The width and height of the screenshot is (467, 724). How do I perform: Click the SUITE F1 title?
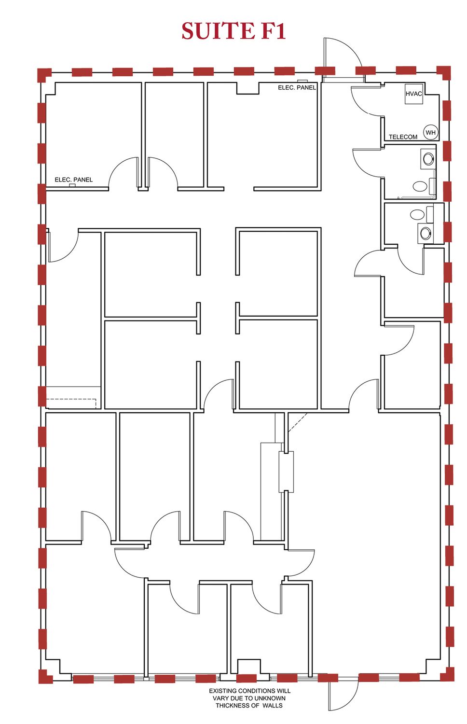point(233,31)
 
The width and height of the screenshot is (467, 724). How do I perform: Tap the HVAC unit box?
point(414,94)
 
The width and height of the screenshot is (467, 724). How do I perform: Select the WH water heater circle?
point(430,132)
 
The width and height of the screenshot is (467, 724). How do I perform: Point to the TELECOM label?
point(403,137)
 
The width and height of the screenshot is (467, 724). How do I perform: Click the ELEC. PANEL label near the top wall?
point(297,87)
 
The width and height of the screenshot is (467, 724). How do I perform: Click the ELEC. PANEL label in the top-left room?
point(74,180)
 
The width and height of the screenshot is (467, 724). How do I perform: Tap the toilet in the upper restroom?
point(420,186)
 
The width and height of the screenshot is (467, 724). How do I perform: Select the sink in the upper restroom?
point(428,159)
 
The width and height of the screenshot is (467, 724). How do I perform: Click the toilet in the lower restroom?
point(417,214)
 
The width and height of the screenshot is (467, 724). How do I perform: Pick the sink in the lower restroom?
point(425,232)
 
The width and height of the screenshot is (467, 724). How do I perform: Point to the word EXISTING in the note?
point(223,691)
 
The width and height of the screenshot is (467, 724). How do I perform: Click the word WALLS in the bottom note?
point(272,705)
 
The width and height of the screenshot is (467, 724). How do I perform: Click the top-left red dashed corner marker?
point(44,74)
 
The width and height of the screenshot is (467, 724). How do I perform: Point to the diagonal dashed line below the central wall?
point(298,422)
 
